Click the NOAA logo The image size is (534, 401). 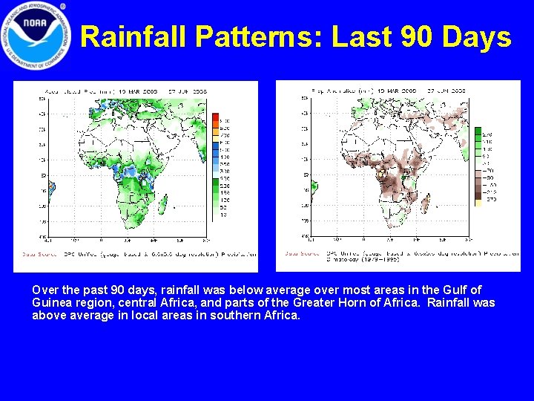click(x=36, y=36)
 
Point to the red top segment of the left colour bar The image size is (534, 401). click(x=216, y=117)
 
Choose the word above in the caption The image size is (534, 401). click(x=48, y=315)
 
